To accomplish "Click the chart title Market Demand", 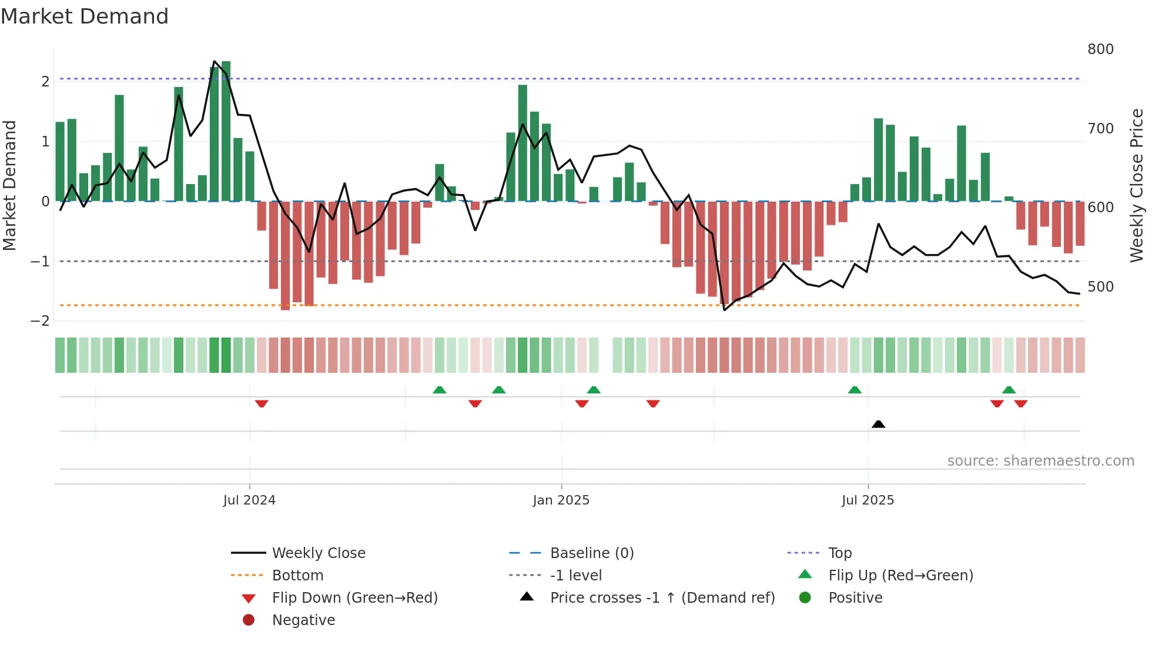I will (85, 16).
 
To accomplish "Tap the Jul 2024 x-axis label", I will (249, 500).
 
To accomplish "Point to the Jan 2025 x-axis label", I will (561, 500).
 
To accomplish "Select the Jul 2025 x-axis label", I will (868, 500).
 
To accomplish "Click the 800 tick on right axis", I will (1100, 49).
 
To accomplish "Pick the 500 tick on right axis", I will (1100, 287).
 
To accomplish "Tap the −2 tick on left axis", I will (40, 321).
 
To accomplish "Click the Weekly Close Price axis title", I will (1137, 185).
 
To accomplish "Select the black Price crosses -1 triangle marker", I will (878, 424).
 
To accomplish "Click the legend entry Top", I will (840, 553).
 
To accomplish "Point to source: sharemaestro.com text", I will (1040, 461).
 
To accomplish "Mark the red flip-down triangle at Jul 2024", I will (262, 403).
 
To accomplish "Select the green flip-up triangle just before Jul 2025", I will (855, 390).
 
